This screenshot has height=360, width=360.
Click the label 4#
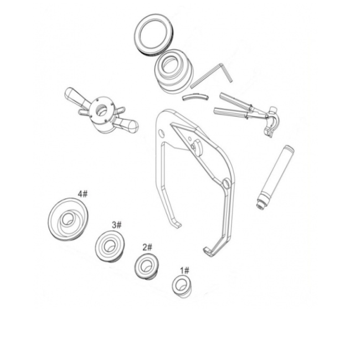[83, 194]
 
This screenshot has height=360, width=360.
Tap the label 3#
[117, 225]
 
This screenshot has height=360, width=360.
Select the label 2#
[147, 247]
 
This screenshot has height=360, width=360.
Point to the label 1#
[184, 271]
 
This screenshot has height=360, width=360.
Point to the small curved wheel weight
[196, 97]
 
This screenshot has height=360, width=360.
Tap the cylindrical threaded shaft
[275, 177]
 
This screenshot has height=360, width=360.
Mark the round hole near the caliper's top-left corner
[162, 132]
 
